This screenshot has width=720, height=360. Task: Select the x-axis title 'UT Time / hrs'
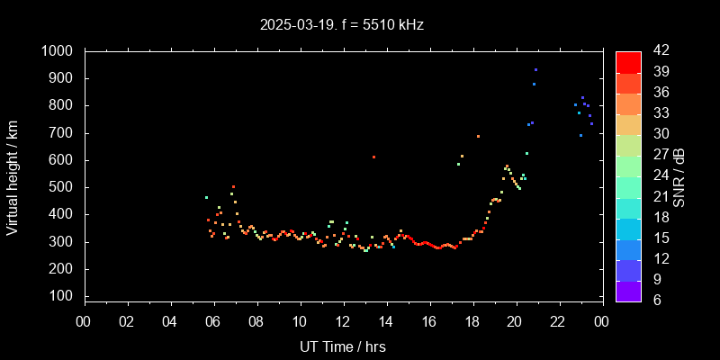(343, 346)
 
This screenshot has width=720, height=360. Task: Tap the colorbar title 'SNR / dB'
(679, 175)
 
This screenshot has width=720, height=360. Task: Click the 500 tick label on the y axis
(61, 187)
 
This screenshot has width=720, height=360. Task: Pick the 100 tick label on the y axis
(61, 296)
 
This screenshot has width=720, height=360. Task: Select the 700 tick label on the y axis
(61, 133)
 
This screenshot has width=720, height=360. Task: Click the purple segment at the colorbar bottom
(628, 290)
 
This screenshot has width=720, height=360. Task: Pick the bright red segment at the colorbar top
(628, 61)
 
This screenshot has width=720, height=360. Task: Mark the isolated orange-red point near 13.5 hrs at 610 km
(373, 157)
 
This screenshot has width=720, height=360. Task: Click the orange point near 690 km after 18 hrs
(478, 137)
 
